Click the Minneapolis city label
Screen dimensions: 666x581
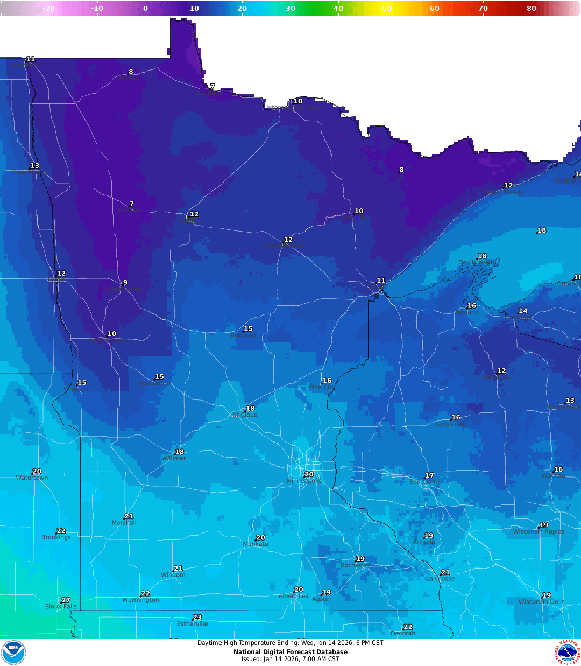pos(304,481)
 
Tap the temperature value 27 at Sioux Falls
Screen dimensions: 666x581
pos(66,600)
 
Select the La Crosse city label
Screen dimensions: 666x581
pos(440,579)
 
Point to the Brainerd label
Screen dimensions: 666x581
pos(243,335)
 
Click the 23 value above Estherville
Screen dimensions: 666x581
pos(197,618)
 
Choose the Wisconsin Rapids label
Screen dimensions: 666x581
pos(539,531)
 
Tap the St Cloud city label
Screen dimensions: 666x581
pos(245,415)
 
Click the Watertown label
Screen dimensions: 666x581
pos(32,478)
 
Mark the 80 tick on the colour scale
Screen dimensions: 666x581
pos(531,8)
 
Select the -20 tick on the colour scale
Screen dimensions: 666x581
pos(48,8)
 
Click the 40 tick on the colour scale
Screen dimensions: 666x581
pos(338,8)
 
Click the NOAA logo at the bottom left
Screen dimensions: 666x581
pos(13,652)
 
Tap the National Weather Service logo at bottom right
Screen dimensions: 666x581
pos(568,652)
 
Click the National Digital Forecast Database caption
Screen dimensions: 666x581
pos(290,652)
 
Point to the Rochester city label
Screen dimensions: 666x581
pos(355,565)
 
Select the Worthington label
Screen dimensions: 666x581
pos(140,600)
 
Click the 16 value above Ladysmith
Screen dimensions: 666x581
pos(456,417)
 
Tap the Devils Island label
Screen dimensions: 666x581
pos(477,263)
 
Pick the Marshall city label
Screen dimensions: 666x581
pos(124,523)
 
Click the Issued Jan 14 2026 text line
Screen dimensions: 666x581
pos(290,659)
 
